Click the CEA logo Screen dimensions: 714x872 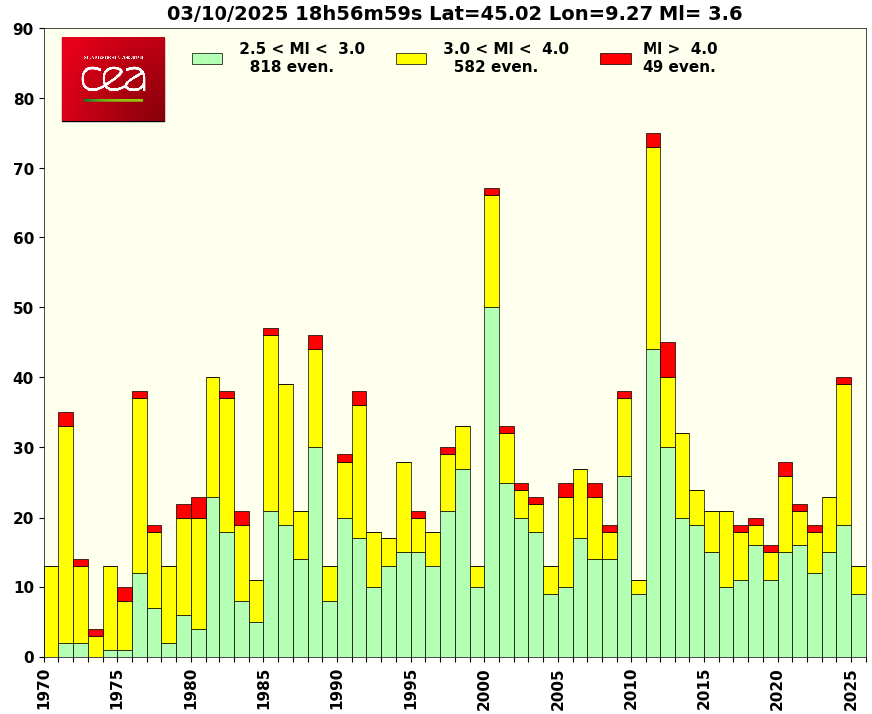pos(113,79)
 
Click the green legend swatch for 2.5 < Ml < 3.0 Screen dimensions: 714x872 pos(207,58)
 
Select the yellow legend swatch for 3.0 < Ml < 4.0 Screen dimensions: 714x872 pos(411,58)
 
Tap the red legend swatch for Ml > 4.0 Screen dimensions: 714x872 pos(615,58)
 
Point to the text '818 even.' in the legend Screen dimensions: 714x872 pos(291,67)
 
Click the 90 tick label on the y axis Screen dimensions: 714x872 pos(23,29)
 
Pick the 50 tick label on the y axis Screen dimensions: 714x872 pos(23,308)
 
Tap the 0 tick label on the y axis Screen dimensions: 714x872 pos(29,657)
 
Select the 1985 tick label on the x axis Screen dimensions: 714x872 pos(263,688)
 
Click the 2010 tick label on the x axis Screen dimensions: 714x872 pos(631,688)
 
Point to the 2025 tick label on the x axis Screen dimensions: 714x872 pos(851,688)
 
